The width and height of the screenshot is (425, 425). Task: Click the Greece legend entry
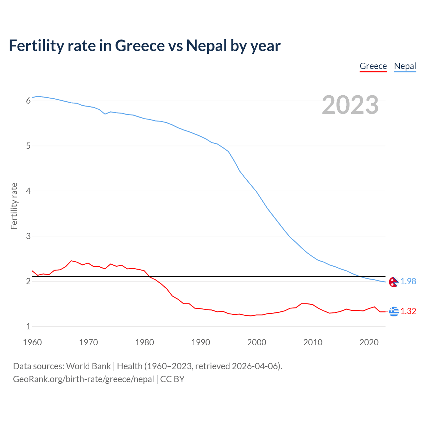pyautogui.click(x=373, y=66)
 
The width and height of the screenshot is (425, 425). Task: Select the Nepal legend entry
pyautogui.click(x=405, y=66)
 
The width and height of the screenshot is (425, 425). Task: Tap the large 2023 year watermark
pyautogui.click(x=350, y=105)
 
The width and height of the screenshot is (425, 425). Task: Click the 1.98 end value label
pyautogui.click(x=408, y=281)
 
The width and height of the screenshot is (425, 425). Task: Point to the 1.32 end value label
pyautogui.click(x=408, y=311)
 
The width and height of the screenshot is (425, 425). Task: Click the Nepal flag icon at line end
pyautogui.click(x=393, y=282)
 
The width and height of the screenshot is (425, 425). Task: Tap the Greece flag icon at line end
pyautogui.click(x=394, y=311)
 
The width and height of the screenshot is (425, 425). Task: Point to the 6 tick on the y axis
pyautogui.click(x=28, y=101)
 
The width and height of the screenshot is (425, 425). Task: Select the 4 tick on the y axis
pyautogui.click(x=28, y=191)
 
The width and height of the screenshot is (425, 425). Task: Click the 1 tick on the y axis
pyautogui.click(x=28, y=326)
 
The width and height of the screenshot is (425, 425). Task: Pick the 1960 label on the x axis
pyautogui.click(x=32, y=342)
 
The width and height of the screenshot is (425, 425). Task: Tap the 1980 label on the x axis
pyautogui.click(x=144, y=342)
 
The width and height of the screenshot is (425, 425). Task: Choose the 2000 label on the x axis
pyautogui.click(x=257, y=342)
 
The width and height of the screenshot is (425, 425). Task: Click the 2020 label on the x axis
pyautogui.click(x=369, y=342)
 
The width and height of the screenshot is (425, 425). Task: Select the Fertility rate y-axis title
pyautogui.click(x=14, y=206)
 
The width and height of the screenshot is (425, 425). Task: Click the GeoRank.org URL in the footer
pyautogui.click(x=83, y=379)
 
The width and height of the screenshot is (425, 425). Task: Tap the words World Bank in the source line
pyautogui.click(x=88, y=366)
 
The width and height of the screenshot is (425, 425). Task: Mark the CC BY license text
pyautogui.click(x=172, y=379)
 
